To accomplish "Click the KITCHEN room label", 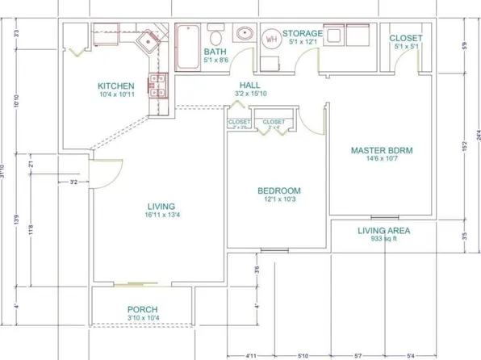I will click(115, 86).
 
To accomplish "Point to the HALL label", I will click(249, 85).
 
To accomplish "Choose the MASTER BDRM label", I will click(381, 150).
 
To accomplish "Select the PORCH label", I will click(142, 310).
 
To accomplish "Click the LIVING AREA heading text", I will click(384, 231).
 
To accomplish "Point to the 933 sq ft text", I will click(384, 240).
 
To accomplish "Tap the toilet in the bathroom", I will click(215, 36).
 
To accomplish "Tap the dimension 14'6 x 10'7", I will click(381, 159).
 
